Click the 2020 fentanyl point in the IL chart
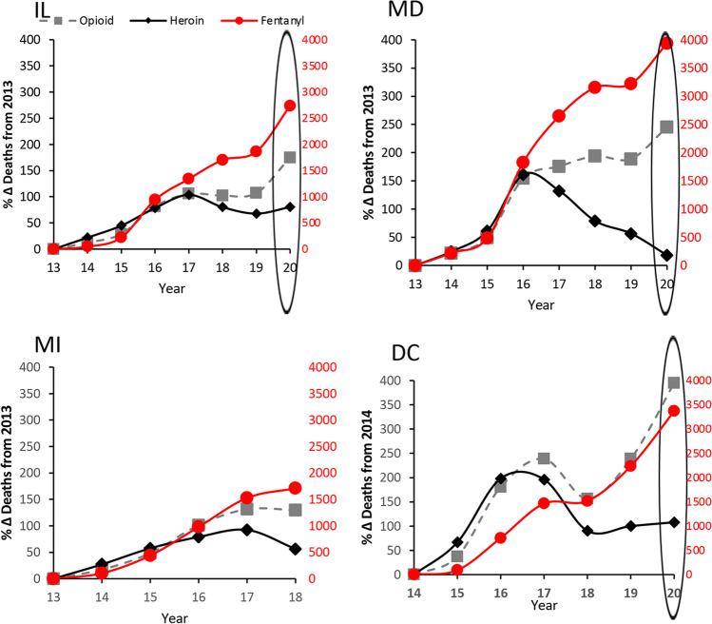[290, 106]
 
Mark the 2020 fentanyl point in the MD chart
[666, 43]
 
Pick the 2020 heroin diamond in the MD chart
[666, 255]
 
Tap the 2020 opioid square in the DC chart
[673, 383]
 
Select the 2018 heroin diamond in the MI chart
[295, 548]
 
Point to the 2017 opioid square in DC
[545, 458]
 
